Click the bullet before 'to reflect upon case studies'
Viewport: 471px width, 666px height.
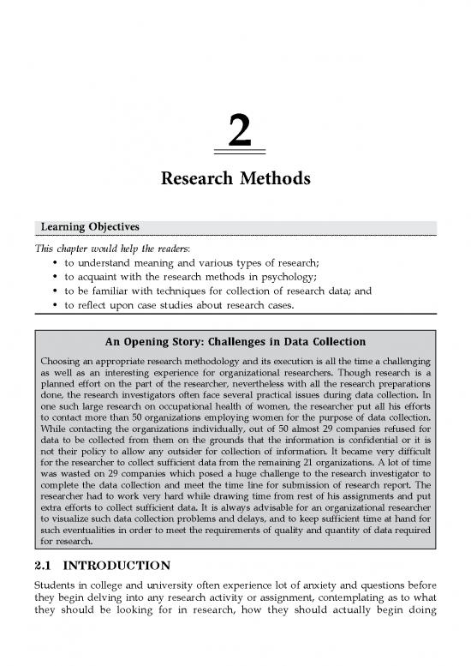(57, 303)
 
